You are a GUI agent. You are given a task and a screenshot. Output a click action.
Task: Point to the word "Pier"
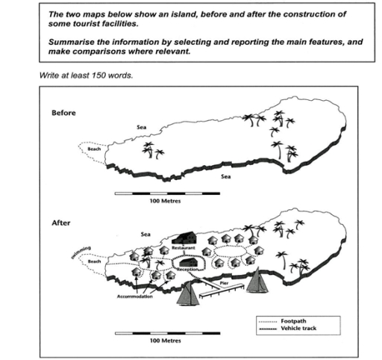point(222,284)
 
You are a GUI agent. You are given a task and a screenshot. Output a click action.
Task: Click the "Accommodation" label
point(134,297)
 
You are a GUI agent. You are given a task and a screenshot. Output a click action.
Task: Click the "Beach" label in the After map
point(94,262)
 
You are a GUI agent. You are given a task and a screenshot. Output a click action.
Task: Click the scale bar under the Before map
point(167,193)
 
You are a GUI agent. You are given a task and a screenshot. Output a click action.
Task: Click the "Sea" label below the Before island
point(225,178)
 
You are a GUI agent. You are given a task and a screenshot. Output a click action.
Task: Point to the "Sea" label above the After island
point(145,234)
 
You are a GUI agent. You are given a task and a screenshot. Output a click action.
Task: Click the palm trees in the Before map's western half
point(154,150)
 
